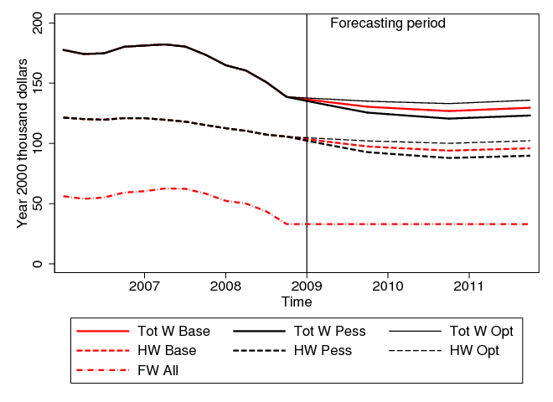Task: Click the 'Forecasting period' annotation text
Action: [387, 23]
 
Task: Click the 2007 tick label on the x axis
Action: [144, 285]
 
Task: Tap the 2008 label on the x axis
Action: [225, 285]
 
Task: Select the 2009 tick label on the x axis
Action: [307, 285]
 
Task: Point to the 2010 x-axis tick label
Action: [388, 285]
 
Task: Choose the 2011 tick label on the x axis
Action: [468, 285]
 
